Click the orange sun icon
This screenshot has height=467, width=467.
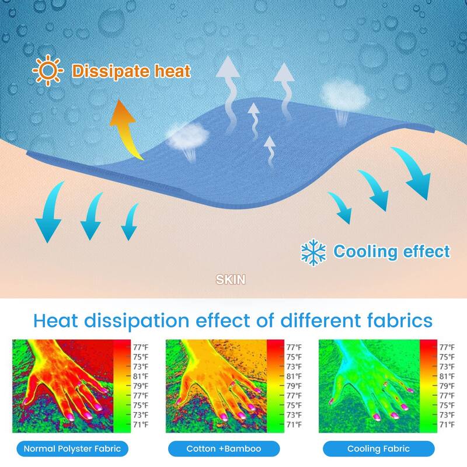point(48,71)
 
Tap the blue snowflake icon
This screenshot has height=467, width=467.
point(313,252)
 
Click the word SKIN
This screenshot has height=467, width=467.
point(231,280)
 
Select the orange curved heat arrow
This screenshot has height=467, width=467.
point(125,128)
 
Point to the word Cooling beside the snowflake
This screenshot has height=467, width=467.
point(366,252)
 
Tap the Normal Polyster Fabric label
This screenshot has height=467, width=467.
point(72,449)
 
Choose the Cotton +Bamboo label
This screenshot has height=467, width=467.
point(224,449)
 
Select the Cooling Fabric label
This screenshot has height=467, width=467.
point(378,449)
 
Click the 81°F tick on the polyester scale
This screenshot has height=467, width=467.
point(141,377)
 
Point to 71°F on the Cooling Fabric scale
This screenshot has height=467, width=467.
point(447,425)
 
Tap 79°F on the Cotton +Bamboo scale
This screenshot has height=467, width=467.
point(294,386)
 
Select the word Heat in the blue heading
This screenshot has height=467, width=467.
point(55,320)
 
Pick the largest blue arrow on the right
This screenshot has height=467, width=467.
point(413,173)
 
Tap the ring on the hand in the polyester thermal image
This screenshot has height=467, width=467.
point(80,386)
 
